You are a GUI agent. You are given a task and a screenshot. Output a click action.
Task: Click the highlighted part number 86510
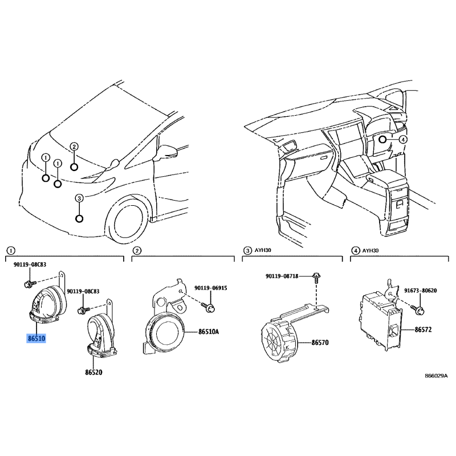36,339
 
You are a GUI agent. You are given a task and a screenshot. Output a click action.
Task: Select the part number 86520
93,372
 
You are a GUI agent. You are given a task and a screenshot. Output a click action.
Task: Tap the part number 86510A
209,332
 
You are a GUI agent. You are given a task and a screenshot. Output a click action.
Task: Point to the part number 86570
320,343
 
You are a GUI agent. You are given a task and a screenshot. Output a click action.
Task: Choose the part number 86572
423,329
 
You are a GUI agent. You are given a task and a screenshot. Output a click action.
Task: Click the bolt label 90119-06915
211,288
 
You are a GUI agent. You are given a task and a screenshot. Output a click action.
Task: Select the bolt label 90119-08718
282,276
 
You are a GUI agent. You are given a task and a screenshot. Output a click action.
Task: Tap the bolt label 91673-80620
421,291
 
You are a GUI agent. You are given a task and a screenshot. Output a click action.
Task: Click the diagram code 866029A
436,376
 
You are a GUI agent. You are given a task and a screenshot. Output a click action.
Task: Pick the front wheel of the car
127,220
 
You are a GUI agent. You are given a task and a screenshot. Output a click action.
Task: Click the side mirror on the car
166,152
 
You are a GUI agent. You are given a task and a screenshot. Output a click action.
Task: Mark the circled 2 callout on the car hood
74,146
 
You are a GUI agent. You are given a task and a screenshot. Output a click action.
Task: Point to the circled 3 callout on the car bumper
79,198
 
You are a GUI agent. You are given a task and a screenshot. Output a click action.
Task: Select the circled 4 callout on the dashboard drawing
403,140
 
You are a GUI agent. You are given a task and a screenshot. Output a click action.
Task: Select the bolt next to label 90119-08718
316,277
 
